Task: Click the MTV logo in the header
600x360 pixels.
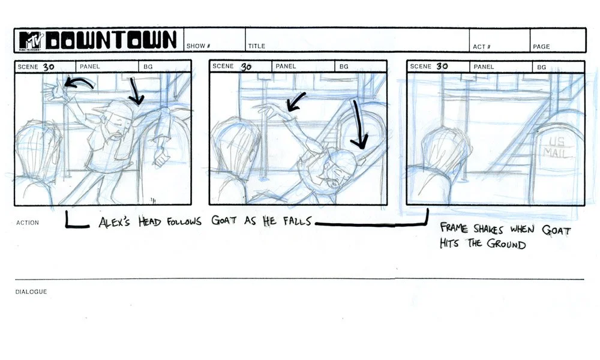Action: point(30,40)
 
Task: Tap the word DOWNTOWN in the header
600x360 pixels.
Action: point(112,40)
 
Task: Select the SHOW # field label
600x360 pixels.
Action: point(199,46)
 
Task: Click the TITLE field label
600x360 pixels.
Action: point(256,46)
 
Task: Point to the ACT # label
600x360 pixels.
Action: point(480,46)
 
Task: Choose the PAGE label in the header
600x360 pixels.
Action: point(541,46)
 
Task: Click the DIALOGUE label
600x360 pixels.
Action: point(31,292)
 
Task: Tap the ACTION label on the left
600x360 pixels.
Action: point(28,223)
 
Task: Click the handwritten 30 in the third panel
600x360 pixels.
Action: point(442,66)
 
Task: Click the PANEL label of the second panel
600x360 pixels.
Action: point(286,67)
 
